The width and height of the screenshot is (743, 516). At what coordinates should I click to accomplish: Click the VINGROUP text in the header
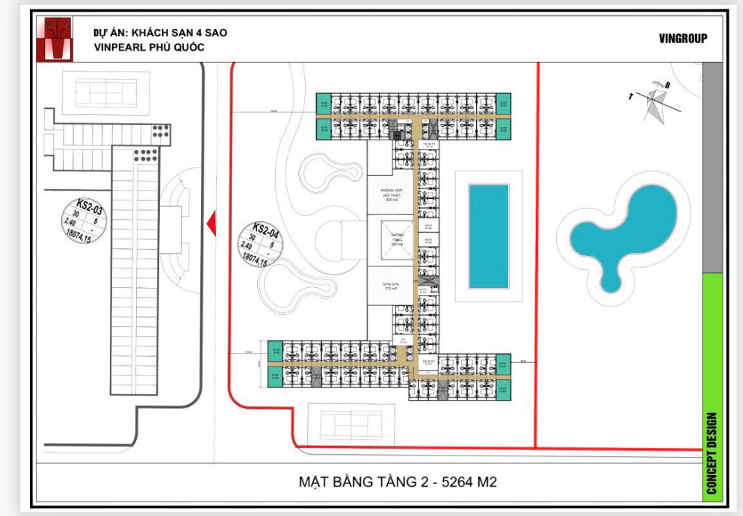click(x=683, y=39)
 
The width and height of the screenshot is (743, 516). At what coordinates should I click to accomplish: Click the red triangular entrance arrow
click(x=211, y=223)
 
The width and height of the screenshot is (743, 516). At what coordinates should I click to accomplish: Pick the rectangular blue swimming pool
click(x=489, y=236)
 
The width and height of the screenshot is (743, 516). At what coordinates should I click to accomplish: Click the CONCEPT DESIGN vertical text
click(x=711, y=453)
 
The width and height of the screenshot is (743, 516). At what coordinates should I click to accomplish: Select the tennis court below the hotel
click(x=353, y=424)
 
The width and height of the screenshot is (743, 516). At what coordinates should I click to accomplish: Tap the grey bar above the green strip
click(x=712, y=167)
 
